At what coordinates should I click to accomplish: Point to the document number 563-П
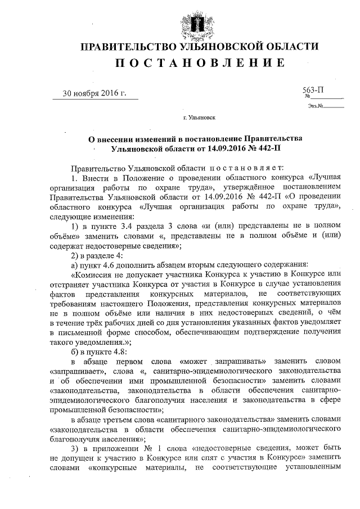tap(313, 89)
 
